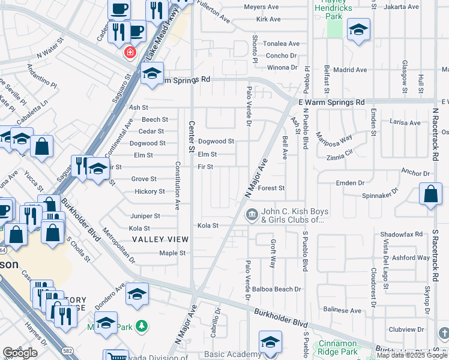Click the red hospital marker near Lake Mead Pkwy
[x=129, y=52]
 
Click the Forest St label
[x=271, y=188]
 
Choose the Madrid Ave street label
[x=350, y=70]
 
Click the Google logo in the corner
[x=20, y=352]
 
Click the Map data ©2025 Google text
[x=412, y=355]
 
